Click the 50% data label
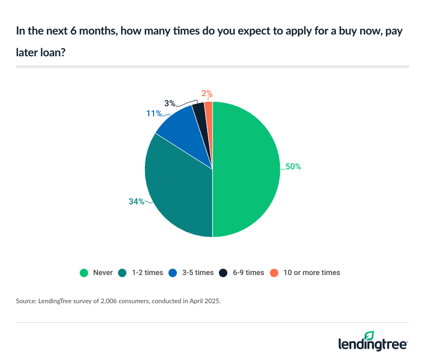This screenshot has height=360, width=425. point(293,167)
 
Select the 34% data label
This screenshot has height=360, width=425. point(135,201)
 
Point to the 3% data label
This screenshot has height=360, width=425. point(169,102)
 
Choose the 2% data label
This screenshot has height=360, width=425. point(207,93)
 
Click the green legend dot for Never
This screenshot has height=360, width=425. point(84,272)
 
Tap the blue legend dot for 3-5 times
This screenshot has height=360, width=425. point(173,272)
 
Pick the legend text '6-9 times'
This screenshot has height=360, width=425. point(247,272)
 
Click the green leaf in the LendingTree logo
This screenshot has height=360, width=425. point(370,336)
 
